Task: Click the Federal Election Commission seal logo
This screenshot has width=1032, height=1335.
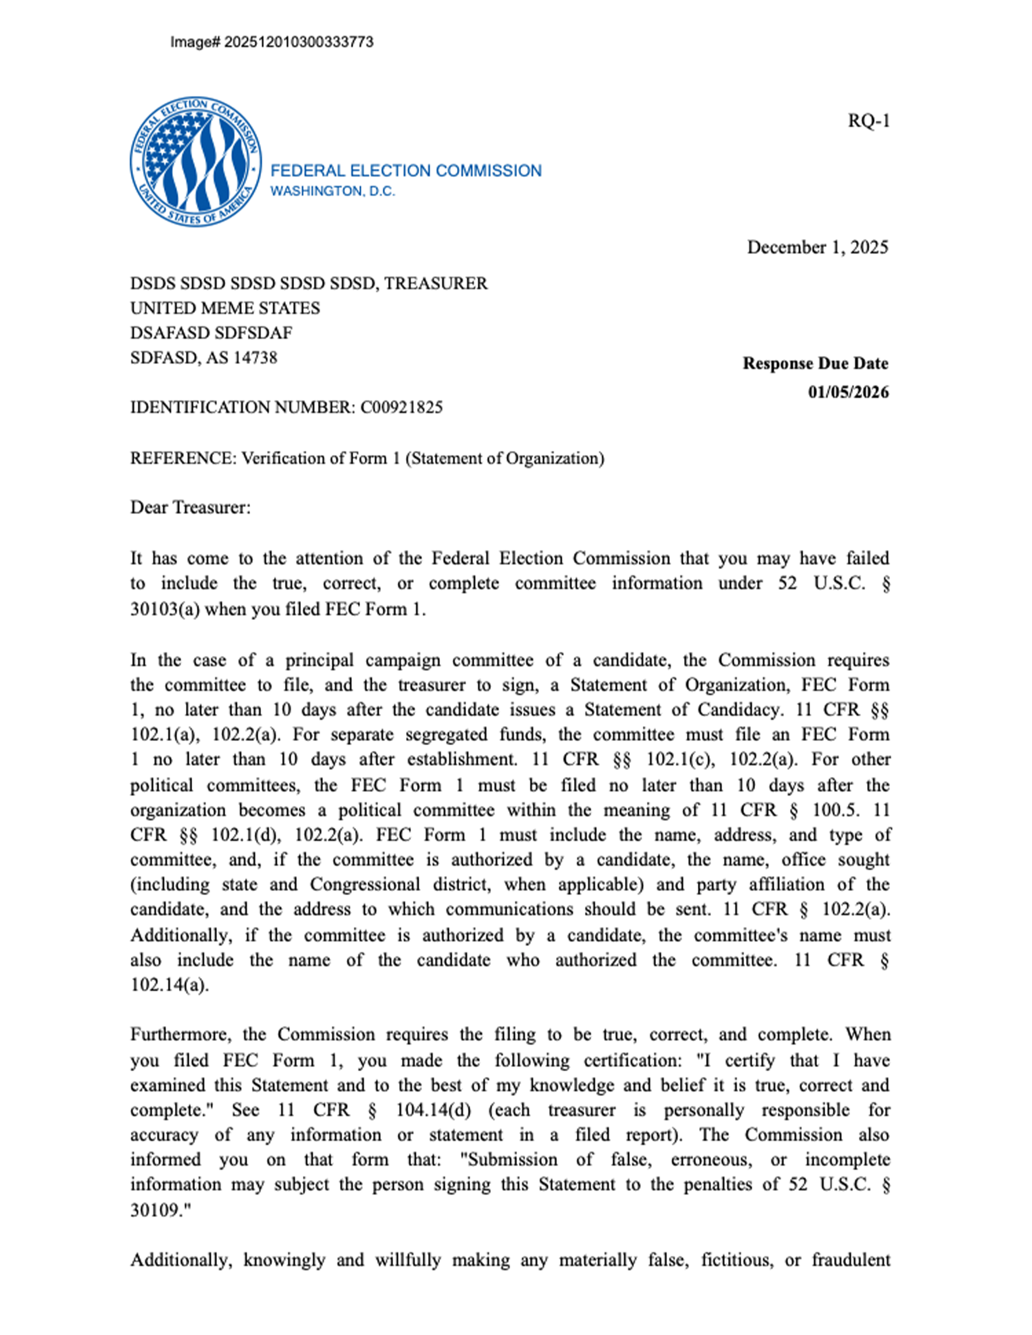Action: pos(195,161)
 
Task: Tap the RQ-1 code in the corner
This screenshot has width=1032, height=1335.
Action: pos(868,121)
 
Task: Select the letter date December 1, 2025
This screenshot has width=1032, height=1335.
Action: pos(818,248)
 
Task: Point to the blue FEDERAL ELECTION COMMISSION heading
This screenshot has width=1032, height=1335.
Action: pos(406,171)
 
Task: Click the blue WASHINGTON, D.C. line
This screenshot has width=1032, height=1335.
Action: pos(333,191)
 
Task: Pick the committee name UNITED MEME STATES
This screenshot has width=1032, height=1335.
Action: pos(225,308)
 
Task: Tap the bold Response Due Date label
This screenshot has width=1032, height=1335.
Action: pos(815,364)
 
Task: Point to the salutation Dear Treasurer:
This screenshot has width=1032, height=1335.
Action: pos(190,508)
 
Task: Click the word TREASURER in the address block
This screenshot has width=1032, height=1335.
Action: pos(435,284)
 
